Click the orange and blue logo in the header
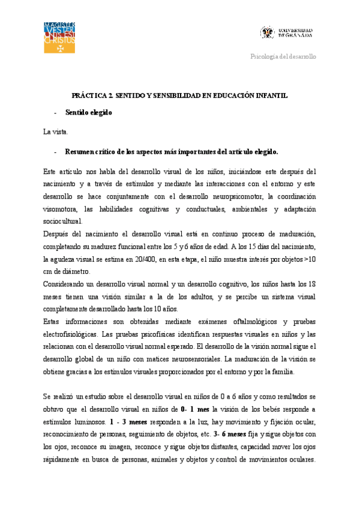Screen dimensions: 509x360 (59, 37)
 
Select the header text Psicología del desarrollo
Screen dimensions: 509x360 (283, 56)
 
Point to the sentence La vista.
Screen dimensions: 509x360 (56, 131)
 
